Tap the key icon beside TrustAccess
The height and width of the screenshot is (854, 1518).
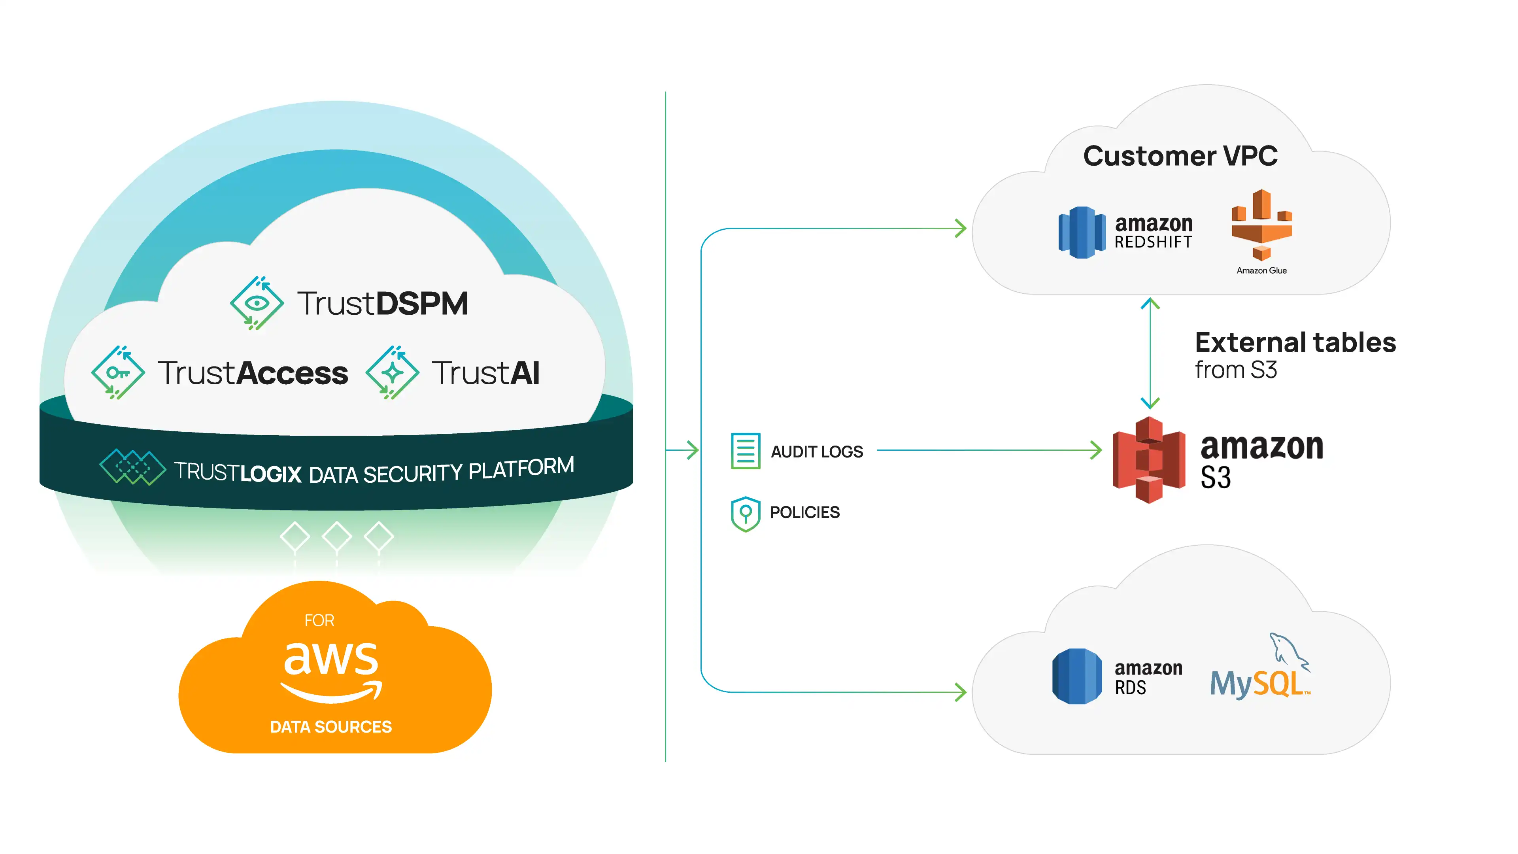pyautogui.click(x=118, y=372)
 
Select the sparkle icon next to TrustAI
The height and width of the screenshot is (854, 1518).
pyautogui.click(x=393, y=372)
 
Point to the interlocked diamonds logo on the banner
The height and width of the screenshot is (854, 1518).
pyautogui.click(x=132, y=467)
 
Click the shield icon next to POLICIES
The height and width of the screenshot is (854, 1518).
pyautogui.click(x=746, y=513)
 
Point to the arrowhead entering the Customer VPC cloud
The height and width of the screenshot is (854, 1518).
pyautogui.click(x=961, y=228)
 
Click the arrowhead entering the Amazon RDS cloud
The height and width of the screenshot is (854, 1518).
pyautogui.click(x=961, y=692)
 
